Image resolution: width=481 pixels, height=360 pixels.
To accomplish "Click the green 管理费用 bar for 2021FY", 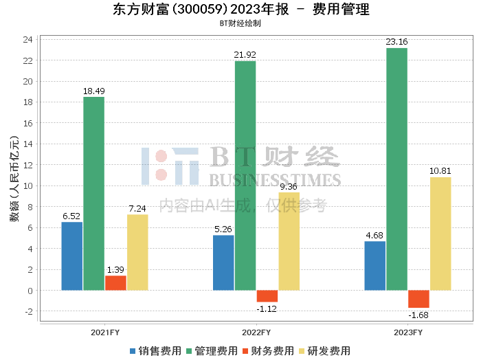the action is tap(94, 194).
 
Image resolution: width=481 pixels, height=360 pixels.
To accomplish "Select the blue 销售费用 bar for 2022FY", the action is tap(223, 263).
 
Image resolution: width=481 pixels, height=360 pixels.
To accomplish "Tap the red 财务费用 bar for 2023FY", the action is tap(418, 299).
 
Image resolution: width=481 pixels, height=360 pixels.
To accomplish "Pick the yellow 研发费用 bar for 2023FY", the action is tap(440, 234).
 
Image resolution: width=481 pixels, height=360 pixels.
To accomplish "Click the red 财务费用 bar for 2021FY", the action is tap(115, 283).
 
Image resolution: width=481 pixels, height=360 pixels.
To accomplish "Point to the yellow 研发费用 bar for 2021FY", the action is tap(137, 252).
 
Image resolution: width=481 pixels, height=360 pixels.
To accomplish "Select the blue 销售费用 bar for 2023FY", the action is tap(375, 266).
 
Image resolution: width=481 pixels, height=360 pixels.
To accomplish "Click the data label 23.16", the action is tap(396, 42).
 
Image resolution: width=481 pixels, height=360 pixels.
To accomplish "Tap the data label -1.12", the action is tap(267, 308).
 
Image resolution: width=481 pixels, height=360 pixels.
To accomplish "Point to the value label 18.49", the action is tap(94, 91).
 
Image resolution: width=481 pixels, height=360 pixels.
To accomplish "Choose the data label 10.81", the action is tap(440, 171).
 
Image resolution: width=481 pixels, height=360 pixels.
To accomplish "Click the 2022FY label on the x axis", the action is tap(256, 333).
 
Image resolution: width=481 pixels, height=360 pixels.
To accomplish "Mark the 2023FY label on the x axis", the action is tap(408, 333).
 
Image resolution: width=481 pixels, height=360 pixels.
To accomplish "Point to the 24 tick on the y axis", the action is tap(28, 39).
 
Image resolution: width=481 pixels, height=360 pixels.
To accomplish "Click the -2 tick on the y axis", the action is tap(29, 311).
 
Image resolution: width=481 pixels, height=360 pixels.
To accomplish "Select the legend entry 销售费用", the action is tap(155, 351).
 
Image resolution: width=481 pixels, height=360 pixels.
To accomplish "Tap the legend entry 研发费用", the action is tap(324, 351).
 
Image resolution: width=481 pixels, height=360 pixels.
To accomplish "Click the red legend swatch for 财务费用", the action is tap(245, 351).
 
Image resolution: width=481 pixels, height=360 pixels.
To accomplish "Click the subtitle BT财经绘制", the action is tap(240, 23).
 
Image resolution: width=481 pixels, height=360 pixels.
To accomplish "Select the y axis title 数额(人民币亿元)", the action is tap(14, 179).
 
